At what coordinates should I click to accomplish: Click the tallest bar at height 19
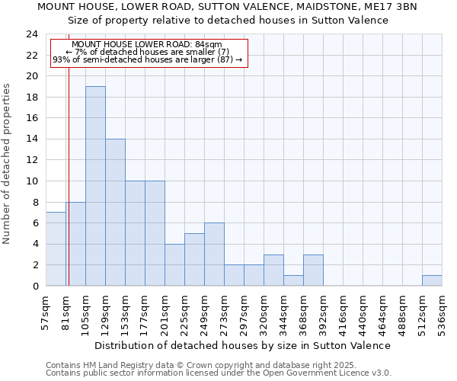tap(95, 186)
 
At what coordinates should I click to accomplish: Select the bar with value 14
tap(115, 213)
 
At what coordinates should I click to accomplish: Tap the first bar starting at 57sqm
tap(56, 249)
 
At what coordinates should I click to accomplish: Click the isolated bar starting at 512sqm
tap(432, 280)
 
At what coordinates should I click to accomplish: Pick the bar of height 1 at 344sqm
tap(293, 280)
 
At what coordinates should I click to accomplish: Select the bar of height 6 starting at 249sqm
tap(214, 255)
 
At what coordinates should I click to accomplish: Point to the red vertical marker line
tap(68, 175)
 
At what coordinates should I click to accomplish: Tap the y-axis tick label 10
tap(31, 181)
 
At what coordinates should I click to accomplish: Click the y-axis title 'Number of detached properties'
tap(7, 164)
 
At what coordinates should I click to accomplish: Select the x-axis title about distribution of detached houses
tap(243, 345)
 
